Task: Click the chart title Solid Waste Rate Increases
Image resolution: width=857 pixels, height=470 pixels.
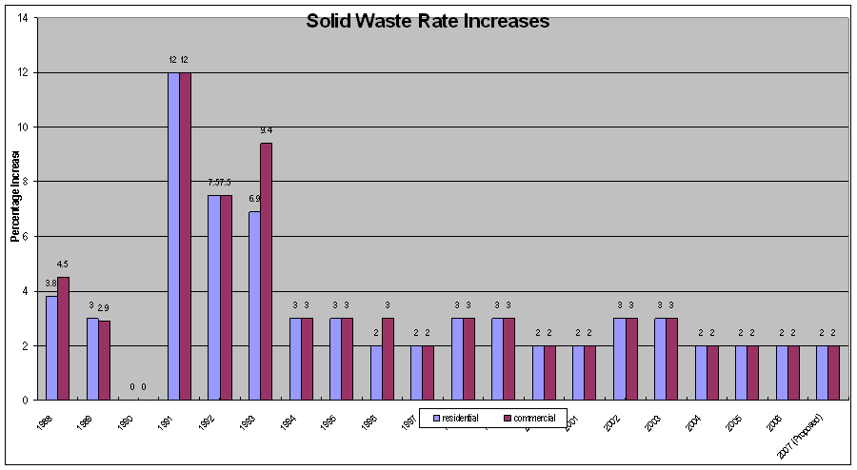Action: [x=428, y=21]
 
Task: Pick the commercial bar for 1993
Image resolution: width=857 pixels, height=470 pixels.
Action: [x=266, y=271]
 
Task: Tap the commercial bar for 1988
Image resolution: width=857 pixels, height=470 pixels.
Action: [x=63, y=338]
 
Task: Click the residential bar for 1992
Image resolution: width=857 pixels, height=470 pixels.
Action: [x=214, y=297]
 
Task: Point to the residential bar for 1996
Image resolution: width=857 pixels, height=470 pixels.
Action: [x=376, y=372]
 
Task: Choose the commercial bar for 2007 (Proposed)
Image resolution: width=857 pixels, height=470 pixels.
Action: [x=833, y=372]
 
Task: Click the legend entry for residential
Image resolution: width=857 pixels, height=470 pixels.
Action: [x=455, y=417]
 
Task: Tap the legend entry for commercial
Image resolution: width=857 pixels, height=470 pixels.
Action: [x=529, y=417]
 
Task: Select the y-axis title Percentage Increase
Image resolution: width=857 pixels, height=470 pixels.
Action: [x=15, y=194]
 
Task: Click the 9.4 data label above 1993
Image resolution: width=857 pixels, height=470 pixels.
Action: [x=267, y=130]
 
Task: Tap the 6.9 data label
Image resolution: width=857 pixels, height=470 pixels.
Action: [x=254, y=199]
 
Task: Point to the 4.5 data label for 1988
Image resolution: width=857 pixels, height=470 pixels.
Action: [x=63, y=264]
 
